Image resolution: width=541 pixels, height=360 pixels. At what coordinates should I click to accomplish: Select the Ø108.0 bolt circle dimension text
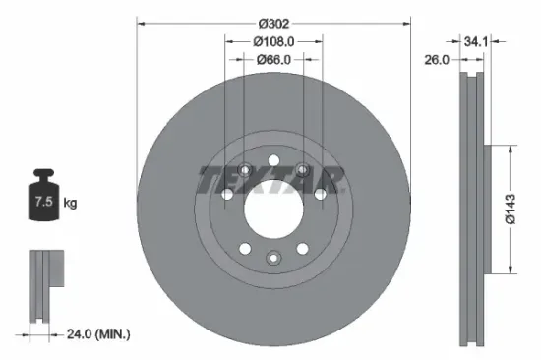(272, 41)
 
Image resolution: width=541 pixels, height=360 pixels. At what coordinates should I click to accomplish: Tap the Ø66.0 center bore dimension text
(272, 60)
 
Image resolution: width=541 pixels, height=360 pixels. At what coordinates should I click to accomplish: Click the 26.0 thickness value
(438, 60)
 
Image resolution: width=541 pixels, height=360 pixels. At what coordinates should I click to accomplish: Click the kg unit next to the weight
(71, 204)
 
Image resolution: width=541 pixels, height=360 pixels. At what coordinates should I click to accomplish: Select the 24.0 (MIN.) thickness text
(96, 334)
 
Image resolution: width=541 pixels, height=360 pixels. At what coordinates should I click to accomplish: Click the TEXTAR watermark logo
(272, 180)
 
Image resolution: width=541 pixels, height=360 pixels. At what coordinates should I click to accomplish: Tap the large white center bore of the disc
(272, 210)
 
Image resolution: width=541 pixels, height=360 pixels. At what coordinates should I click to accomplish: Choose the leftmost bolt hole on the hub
(227, 195)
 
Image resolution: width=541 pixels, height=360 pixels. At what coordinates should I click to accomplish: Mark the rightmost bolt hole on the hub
(319, 195)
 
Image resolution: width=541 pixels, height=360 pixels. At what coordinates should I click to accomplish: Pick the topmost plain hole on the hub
(272, 162)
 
